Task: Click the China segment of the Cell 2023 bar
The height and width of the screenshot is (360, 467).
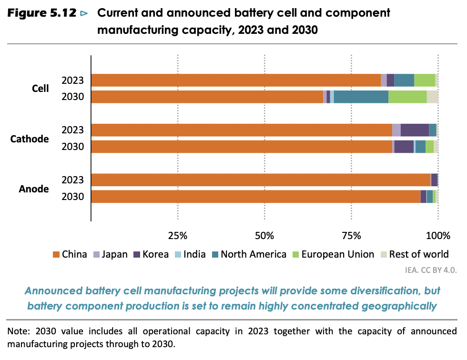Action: (236, 80)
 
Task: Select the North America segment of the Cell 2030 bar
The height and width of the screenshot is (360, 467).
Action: (361, 97)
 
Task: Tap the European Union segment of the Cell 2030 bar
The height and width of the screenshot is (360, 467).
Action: (407, 97)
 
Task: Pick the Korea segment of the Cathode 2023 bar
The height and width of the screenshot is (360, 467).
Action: (415, 130)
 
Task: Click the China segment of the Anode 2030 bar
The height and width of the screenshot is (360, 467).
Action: (255, 197)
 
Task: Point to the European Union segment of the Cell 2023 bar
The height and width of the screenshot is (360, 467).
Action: (425, 80)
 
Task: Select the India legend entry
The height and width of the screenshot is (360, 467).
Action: (189, 254)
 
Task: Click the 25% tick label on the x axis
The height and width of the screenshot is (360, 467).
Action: (177, 235)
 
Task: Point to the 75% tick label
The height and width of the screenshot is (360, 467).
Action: (351, 235)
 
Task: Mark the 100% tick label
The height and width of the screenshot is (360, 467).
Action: (437, 235)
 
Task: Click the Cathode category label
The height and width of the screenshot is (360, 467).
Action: (30, 139)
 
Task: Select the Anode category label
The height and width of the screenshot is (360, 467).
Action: (34, 189)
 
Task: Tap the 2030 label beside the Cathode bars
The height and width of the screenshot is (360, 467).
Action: (73, 147)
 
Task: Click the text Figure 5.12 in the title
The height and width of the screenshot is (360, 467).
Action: (41, 13)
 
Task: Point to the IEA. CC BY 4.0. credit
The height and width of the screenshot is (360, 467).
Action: (431, 270)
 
